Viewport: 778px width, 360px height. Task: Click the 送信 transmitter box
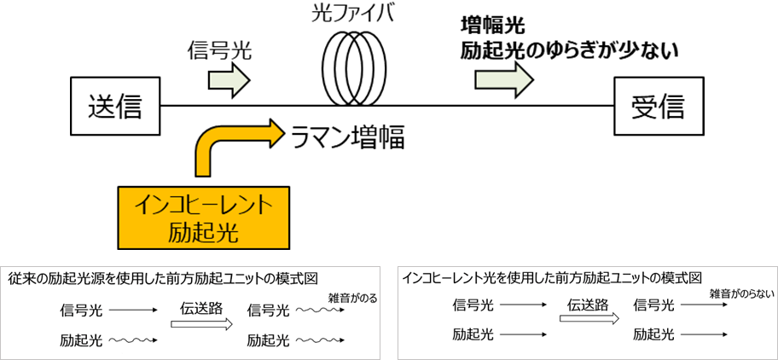pos(113,107)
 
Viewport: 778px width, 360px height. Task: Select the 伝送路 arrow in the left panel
pos(201,323)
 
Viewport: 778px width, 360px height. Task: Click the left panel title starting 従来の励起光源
pos(163,278)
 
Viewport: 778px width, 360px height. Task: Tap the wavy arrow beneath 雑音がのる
pos(320,312)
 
